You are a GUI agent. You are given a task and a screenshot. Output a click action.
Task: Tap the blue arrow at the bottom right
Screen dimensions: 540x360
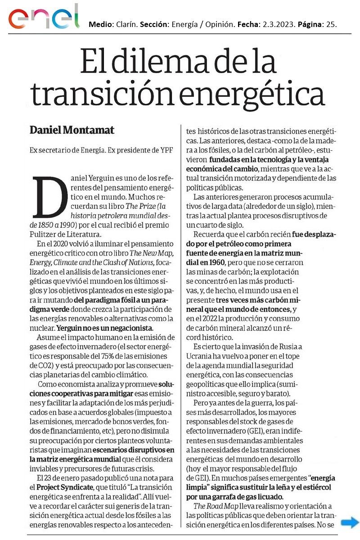(349, 522)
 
